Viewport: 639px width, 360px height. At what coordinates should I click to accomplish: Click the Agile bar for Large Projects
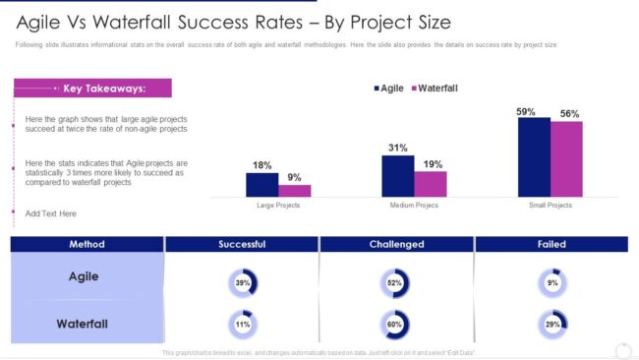pyautogui.click(x=262, y=185)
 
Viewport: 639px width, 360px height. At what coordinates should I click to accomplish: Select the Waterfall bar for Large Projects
pyautogui.click(x=295, y=191)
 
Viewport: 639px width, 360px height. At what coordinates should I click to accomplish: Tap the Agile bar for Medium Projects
pyautogui.click(x=398, y=176)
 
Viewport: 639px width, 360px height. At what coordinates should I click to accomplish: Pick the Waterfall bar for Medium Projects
pyautogui.click(x=431, y=184)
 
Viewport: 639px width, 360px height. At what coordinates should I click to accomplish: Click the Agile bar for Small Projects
pyautogui.click(x=534, y=157)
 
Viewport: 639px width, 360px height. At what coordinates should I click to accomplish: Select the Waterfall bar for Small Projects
pyautogui.click(x=566, y=159)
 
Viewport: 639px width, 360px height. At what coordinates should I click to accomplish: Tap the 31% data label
pyautogui.click(x=398, y=149)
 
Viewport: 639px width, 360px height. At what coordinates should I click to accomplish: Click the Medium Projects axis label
pyautogui.click(x=414, y=206)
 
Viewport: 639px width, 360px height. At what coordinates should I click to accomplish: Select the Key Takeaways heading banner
pyautogui.click(x=93, y=89)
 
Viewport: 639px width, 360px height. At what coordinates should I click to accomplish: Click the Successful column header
pyautogui.click(x=242, y=244)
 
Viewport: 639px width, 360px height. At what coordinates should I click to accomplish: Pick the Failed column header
pyautogui.click(x=551, y=244)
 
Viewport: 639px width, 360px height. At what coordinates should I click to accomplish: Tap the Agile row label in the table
pyautogui.click(x=84, y=277)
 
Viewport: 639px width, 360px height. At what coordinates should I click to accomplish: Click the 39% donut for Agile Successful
pyautogui.click(x=242, y=283)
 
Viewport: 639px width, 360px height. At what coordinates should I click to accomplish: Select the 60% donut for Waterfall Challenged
pyautogui.click(x=396, y=324)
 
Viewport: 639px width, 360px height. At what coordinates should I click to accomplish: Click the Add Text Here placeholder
pyautogui.click(x=51, y=213)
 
